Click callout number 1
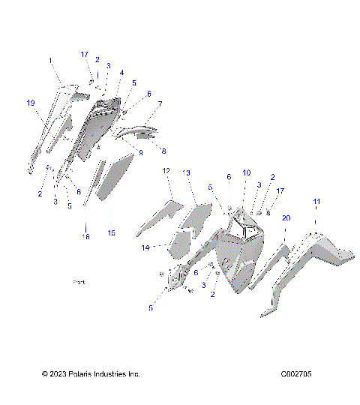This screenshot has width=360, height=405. click(x=50, y=59)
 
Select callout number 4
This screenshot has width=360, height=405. click(x=121, y=73)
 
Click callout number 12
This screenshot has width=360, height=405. click(x=166, y=172)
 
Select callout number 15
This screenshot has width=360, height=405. click(x=111, y=233)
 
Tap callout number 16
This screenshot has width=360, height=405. click(x=85, y=236)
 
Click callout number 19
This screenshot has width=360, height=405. click(x=31, y=103)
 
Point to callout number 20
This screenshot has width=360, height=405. click(x=286, y=217)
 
